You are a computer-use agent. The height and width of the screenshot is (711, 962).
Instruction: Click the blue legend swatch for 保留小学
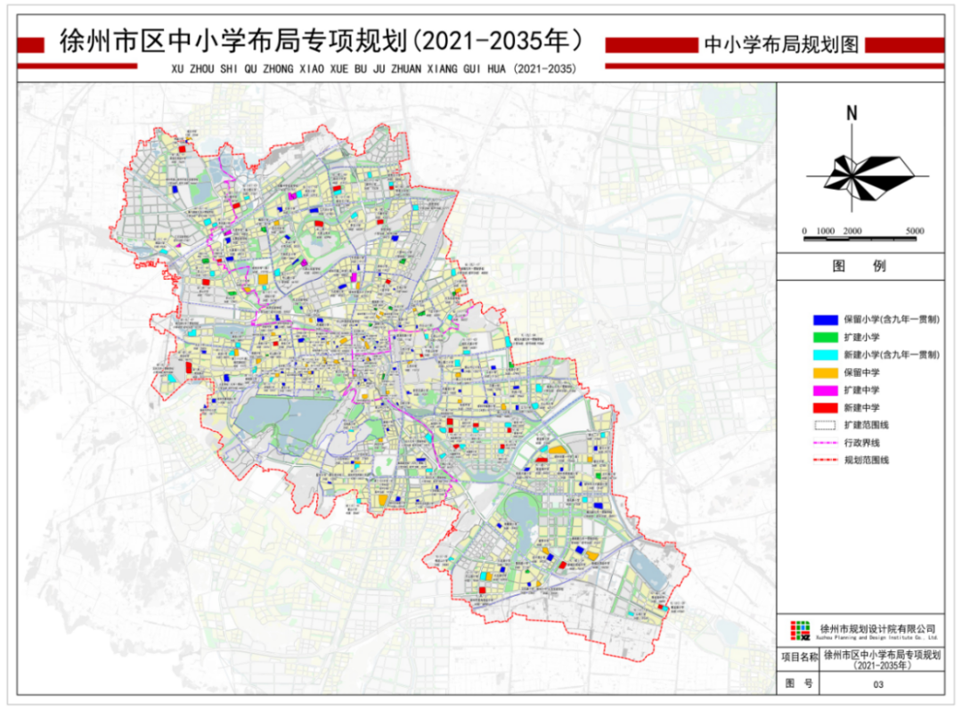pos(825,319)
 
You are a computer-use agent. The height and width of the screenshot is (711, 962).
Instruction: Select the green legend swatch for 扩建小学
pos(825,337)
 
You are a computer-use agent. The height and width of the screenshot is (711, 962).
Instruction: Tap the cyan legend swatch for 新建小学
pos(825,355)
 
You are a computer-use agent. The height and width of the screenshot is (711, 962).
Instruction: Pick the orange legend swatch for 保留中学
pos(825,372)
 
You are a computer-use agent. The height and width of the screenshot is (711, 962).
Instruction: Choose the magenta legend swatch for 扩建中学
pos(825,390)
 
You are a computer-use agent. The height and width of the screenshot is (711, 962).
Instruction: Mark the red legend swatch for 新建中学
pos(825,407)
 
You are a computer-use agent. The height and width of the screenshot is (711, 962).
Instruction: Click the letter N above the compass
pos(852,113)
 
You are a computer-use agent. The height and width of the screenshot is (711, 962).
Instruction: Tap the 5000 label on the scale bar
pos(915,232)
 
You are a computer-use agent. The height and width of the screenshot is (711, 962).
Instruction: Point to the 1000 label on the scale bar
pos(826,232)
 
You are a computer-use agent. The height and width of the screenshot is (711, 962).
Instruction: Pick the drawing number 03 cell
pos(878,684)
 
